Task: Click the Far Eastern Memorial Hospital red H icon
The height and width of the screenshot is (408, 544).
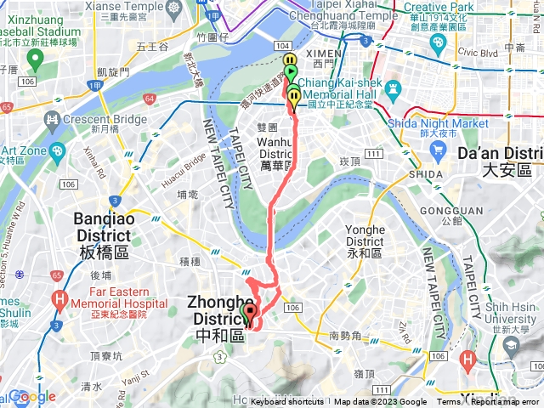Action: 59,299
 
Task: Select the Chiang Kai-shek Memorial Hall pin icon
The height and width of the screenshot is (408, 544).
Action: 394,88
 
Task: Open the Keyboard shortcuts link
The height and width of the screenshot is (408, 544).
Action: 287,402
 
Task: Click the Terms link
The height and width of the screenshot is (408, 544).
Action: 448,402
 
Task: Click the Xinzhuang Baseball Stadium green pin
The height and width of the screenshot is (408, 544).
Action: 34,59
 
